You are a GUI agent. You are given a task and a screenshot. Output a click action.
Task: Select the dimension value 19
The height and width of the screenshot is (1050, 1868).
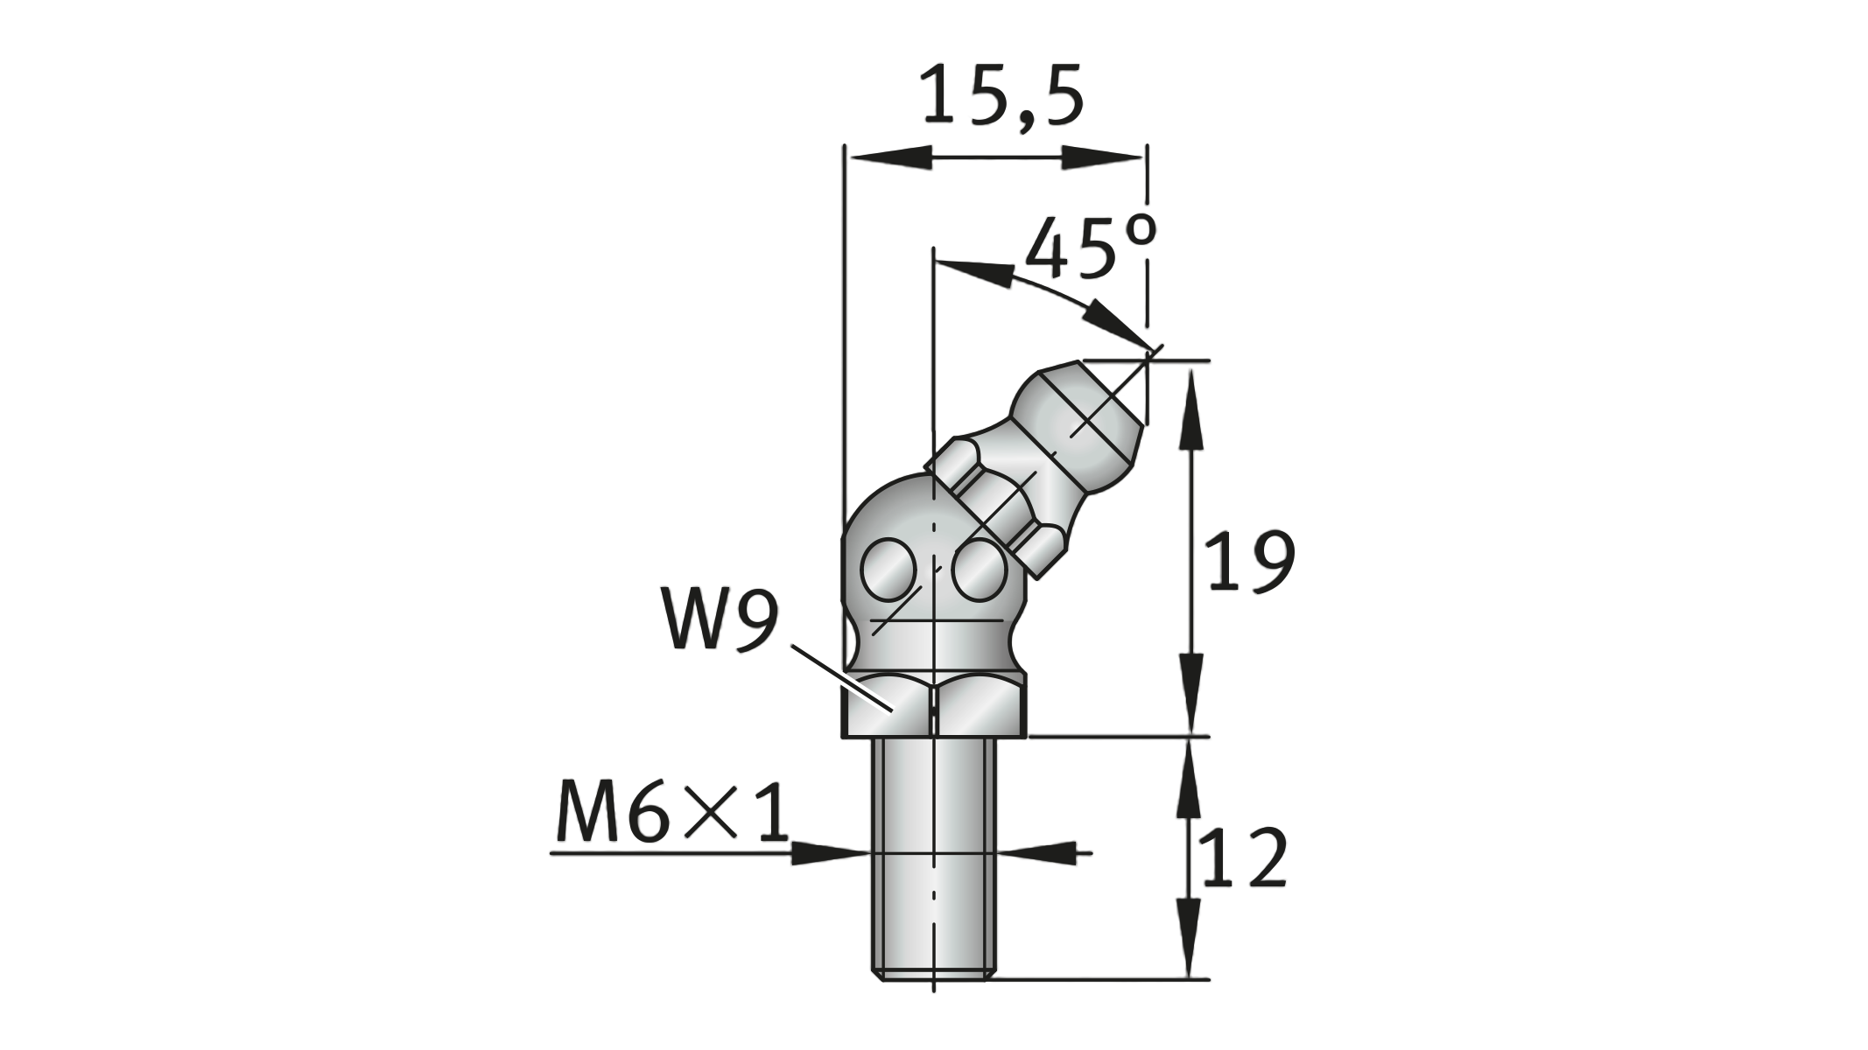(x=1249, y=561)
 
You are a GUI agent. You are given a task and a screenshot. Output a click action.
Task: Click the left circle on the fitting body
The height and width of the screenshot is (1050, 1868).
(x=889, y=571)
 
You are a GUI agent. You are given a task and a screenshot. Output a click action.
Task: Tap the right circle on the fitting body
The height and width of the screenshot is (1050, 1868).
(x=978, y=571)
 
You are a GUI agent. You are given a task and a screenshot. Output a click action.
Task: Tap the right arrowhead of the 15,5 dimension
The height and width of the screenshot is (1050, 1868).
(x=1102, y=158)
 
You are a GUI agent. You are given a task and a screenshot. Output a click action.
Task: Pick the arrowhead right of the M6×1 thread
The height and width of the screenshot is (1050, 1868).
(x=1037, y=852)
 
